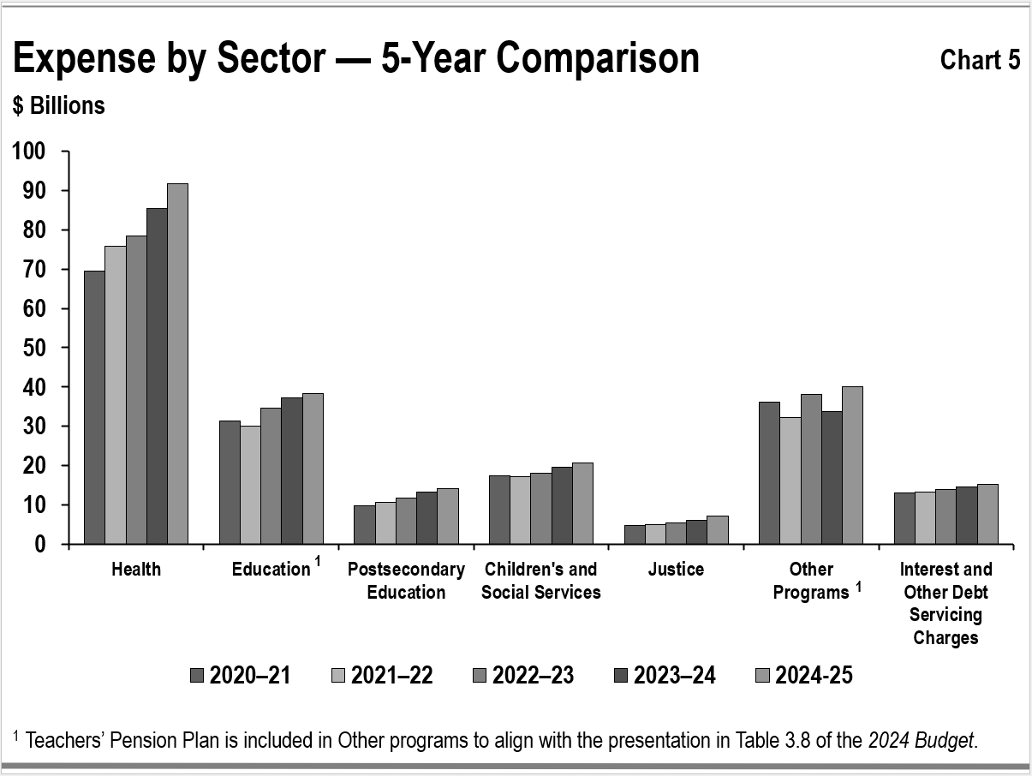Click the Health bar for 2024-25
click(177, 364)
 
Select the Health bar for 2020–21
click(94, 407)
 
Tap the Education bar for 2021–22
click(250, 485)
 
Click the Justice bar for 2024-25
click(717, 529)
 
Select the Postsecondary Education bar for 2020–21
click(364, 524)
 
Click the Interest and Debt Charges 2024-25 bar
click(987, 514)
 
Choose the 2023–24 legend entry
click(675, 676)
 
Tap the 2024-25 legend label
click(814, 676)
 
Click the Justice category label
click(676, 570)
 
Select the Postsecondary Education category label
click(406, 581)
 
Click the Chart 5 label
click(980, 60)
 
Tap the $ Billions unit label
click(59, 105)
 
